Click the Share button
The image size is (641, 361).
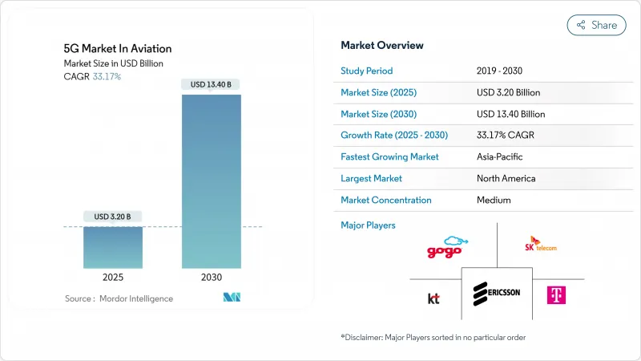pos(597,25)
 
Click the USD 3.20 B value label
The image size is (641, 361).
pos(113,217)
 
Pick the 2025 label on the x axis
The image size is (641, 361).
pos(113,277)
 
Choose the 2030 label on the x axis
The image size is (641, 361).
pos(211,277)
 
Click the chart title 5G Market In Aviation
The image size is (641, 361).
pos(118,48)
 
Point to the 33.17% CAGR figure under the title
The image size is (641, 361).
pos(107,76)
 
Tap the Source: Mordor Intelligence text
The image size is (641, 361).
pos(119,298)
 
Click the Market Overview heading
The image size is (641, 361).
pos(382,45)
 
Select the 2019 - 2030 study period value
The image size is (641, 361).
pos(502,71)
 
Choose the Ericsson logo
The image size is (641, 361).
pos(497,292)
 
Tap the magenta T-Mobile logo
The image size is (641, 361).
pos(556,294)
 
